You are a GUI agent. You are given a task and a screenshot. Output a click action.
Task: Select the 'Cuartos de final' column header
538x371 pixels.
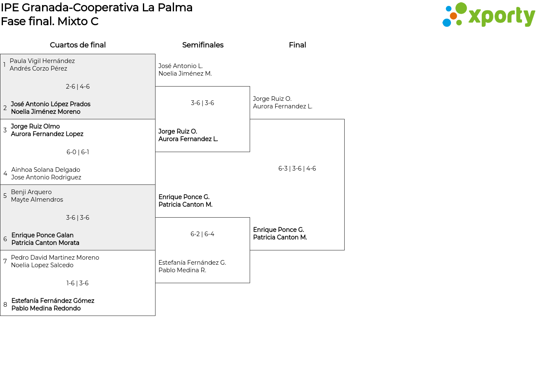78,45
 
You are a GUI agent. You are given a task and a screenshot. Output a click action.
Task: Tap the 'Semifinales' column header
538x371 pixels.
203,45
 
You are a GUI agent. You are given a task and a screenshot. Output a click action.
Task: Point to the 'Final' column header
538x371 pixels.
297,45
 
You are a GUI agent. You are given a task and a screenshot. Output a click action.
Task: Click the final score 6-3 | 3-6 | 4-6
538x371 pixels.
297,168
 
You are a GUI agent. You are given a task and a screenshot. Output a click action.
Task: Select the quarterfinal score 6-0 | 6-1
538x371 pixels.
78,152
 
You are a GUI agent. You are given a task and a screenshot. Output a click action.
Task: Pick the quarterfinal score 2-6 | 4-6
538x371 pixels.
78,87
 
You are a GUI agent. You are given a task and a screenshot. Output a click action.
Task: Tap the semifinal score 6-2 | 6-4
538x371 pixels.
202,234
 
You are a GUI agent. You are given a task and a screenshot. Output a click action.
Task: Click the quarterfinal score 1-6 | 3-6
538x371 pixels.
78,283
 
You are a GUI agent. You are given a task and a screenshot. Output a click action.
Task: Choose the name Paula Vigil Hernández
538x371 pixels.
42,61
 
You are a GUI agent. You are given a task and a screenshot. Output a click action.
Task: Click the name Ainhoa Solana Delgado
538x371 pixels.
45,170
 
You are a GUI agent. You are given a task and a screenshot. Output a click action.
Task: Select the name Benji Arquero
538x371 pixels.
31,192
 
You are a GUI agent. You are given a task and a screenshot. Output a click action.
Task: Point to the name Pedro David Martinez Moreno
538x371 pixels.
55,258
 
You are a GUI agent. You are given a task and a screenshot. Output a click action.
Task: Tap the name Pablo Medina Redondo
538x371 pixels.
46,308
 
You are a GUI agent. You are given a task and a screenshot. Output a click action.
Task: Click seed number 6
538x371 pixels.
5,239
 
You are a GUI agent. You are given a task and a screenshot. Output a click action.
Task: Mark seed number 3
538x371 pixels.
5,130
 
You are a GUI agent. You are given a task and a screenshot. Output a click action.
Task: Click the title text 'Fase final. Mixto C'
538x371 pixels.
50,21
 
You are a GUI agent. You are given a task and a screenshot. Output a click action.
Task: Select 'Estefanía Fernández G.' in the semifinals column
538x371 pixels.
192,263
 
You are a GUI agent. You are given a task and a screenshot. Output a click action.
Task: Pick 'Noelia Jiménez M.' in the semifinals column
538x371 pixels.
185,74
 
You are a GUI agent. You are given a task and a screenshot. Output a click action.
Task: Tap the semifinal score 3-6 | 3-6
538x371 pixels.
202,103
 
